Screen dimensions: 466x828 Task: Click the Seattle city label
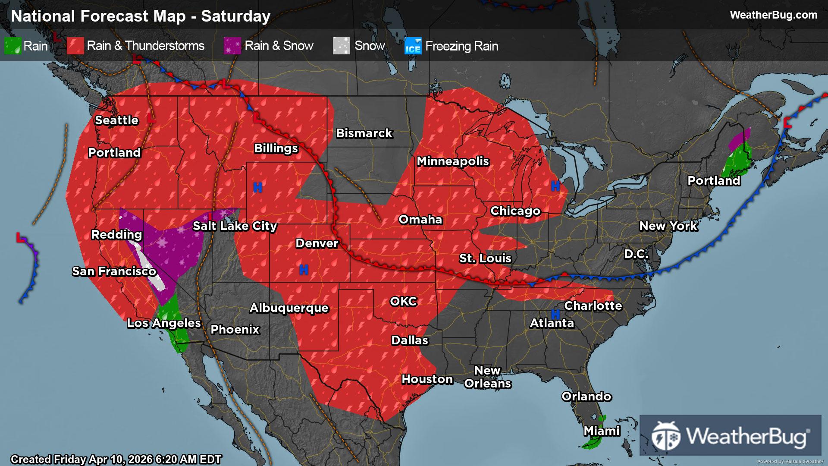(116, 120)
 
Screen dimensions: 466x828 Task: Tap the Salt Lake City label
(235, 226)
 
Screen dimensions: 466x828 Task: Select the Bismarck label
(364, 133)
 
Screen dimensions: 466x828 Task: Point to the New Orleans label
(487, 377)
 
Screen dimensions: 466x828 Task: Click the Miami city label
(602, 431)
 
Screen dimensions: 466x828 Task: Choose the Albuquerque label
(289, 308)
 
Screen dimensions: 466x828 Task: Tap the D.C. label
(636, 254)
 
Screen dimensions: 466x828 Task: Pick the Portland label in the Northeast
(714, 181)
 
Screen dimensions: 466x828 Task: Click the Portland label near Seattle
(114, 153)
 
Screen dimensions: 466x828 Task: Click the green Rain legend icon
(13, 46)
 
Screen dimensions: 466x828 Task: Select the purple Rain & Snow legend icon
(232, 46)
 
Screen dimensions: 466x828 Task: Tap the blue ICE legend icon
(413, 46)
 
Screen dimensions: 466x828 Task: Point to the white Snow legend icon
(342, 46)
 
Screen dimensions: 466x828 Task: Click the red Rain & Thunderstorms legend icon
(75, 46)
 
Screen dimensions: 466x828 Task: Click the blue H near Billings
(258, 187)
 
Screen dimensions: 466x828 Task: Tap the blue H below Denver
(304, 270)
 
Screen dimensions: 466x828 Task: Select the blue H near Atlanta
(555, 314)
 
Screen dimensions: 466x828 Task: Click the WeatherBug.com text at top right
(773, 15)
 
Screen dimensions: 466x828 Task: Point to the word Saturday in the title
(236, 16)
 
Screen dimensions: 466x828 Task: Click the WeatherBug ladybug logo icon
(666, 435)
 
